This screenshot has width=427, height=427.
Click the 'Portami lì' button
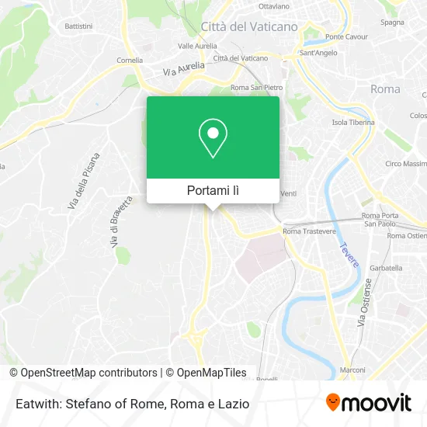(213, 190)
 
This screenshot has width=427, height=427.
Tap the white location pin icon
(213, 138)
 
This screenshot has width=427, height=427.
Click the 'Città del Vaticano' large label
(248, 26)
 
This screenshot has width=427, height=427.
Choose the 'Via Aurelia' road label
(183, 69)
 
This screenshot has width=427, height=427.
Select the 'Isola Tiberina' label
(353, 123)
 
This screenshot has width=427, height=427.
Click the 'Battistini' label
(78, 26)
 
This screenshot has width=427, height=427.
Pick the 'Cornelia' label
(130, 60)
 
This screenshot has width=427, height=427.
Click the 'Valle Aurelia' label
(196, 46)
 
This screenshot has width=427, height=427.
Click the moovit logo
(369, 403)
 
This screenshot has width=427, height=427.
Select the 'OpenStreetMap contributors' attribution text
(88, 373)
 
